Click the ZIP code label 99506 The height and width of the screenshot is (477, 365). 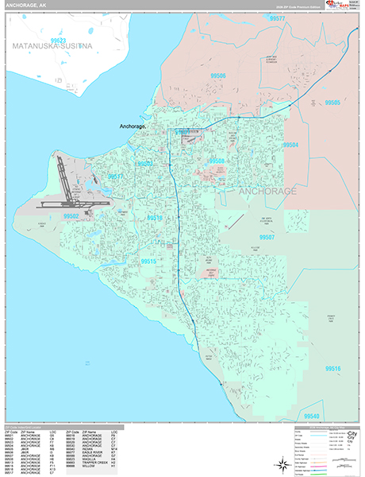point(218,76)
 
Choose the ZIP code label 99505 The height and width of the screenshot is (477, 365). point(332,103)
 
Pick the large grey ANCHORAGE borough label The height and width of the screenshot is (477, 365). point(268,192)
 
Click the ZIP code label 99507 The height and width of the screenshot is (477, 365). point(267,238)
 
